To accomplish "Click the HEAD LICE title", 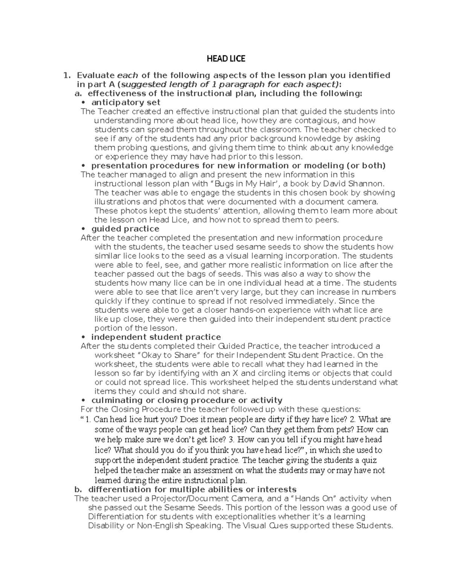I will point(226,59).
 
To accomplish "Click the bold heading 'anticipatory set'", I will point(126,102).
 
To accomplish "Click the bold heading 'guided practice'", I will point(125,229).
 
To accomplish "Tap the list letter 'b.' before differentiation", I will point(78,489).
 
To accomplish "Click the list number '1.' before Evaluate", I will point(67,75).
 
